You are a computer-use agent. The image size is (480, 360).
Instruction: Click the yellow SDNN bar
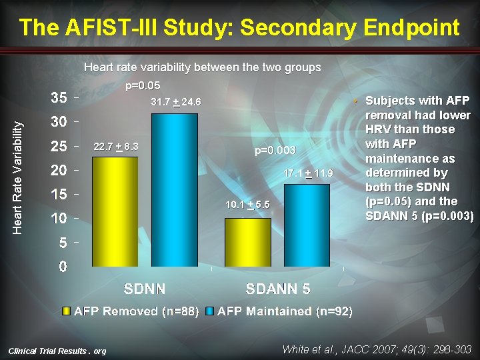point(115,211)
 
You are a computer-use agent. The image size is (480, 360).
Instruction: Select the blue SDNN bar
point(175,190)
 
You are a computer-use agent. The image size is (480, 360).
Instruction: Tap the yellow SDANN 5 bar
point(247,242)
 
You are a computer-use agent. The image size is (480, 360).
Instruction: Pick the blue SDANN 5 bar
point(307,225)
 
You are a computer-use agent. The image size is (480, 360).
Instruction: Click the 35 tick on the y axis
point(59,97)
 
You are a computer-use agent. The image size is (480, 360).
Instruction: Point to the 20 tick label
point(59,170)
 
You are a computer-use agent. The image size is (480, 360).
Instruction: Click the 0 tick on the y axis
point(63,267)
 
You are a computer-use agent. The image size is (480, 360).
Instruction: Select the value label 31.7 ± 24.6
point(176,103)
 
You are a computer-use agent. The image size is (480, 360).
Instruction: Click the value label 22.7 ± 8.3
point(115,146)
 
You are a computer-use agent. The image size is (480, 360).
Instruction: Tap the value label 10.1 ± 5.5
point(247,205)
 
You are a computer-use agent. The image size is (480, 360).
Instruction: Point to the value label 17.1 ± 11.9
point(308,173)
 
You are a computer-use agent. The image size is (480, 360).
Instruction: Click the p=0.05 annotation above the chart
point(143,85)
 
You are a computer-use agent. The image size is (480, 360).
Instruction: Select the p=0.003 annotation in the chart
point(275,151)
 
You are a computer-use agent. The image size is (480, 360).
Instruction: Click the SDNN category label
point(145,289)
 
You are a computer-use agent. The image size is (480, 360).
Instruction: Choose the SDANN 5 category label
point(277,289)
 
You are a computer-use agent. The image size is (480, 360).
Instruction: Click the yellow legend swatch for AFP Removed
point(66,311)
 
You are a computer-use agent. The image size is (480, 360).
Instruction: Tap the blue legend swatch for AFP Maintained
point(209,311)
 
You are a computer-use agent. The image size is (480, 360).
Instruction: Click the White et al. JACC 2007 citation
point(377,349)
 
